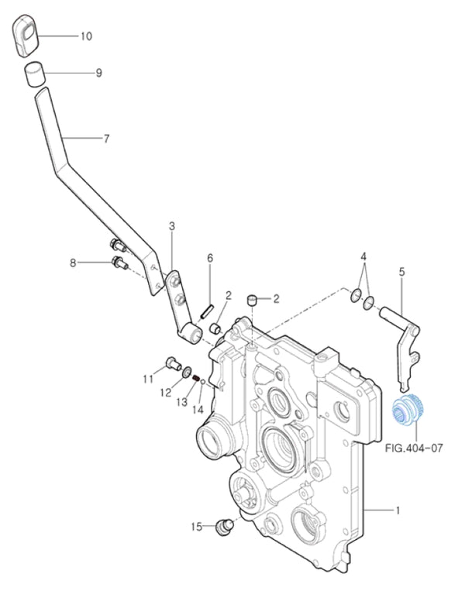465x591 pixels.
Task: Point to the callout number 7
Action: tap(106, 139)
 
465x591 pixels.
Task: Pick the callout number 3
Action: tap(171, 225)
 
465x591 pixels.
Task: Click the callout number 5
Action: tap(401, 271)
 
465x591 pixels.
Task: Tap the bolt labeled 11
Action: tap(171, 362)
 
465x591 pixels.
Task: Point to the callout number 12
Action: tap(165, 393)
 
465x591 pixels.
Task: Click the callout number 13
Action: tap(181, 402)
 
